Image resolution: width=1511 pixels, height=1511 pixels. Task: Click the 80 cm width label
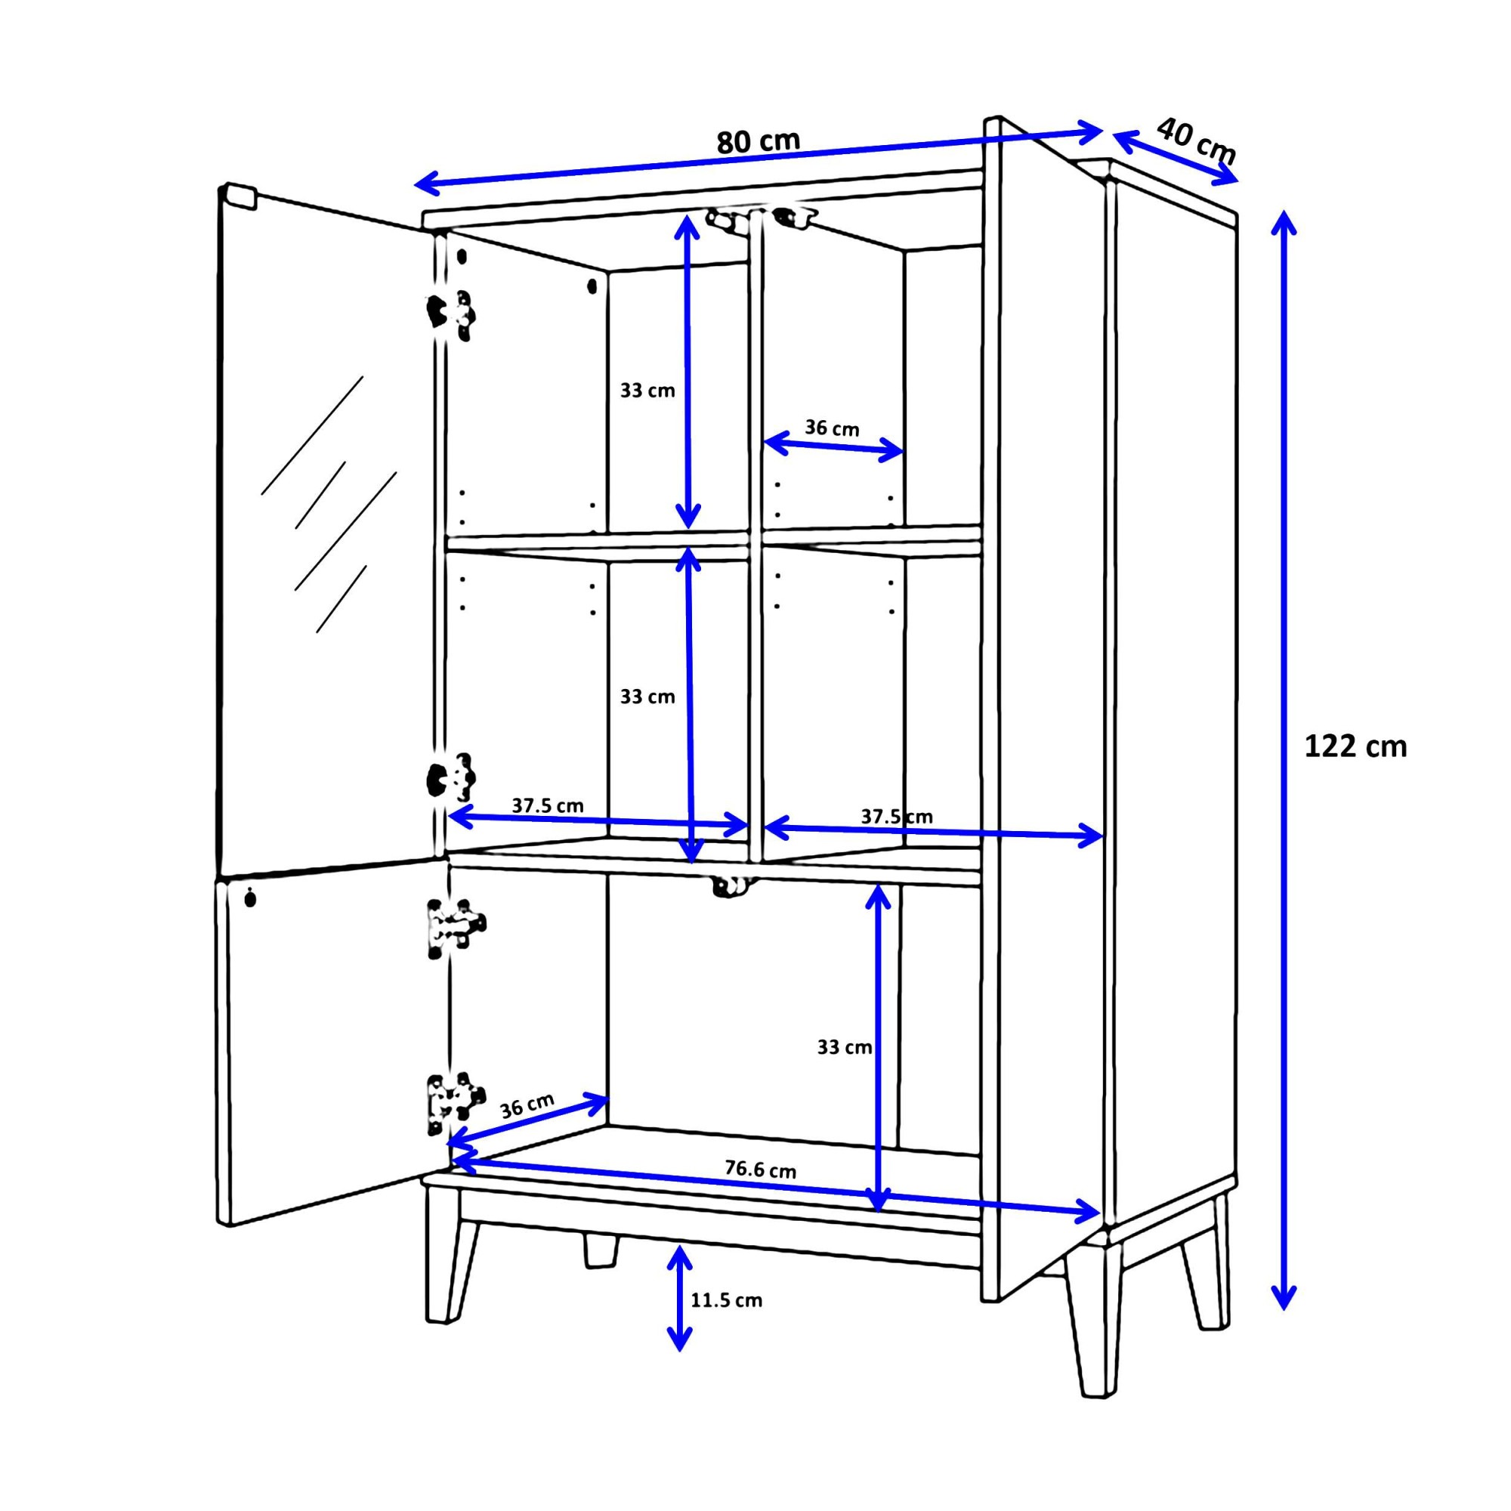[x=758, y=141]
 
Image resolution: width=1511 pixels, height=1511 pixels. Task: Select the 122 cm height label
[x=1355, y=747]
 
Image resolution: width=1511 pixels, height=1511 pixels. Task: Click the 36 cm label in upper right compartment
[x=831, y=428]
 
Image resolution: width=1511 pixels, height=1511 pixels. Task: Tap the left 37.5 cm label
[x=548, y=805]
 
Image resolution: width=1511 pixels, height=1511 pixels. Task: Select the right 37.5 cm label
[x=896, y=817]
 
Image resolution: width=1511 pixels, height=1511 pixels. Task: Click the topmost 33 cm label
[x=647, y=391]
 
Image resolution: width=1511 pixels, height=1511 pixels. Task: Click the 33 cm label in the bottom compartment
[x=844, y=1047]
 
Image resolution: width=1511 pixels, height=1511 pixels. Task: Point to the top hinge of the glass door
[x=450, y=315]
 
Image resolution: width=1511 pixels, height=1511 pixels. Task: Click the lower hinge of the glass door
[x=451, y=777]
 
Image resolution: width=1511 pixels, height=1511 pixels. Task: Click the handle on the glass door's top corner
[x=239, y=196]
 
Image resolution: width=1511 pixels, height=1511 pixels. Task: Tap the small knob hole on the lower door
[x=250, y=898]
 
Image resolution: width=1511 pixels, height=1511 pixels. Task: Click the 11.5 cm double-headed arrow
[x=679, y=1297]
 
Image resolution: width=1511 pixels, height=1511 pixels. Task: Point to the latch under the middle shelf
[x=734, y=886]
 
